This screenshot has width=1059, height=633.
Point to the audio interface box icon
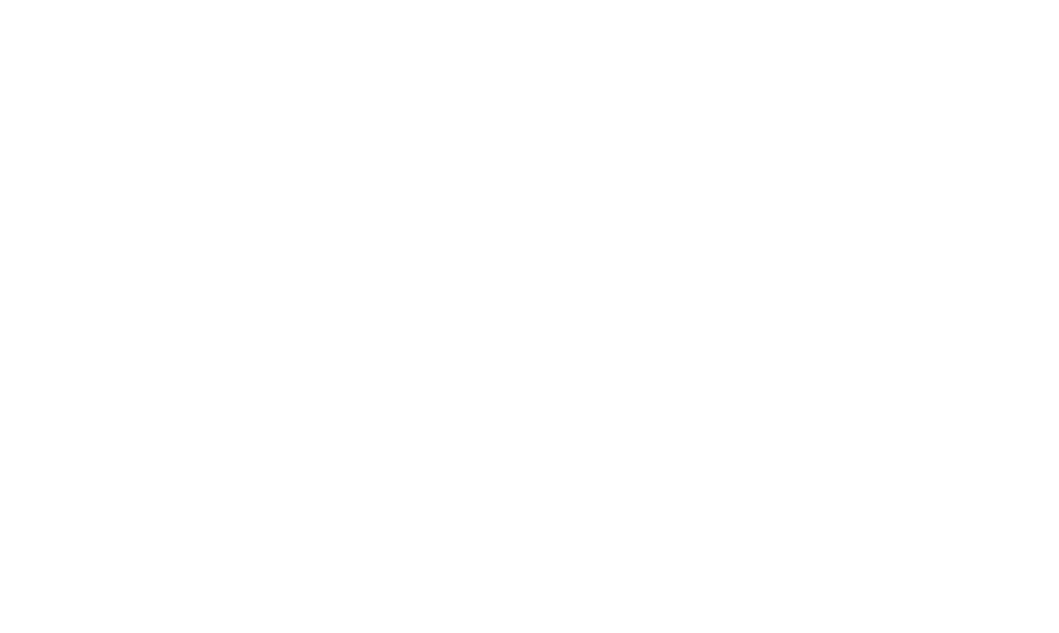click(156, 194)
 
